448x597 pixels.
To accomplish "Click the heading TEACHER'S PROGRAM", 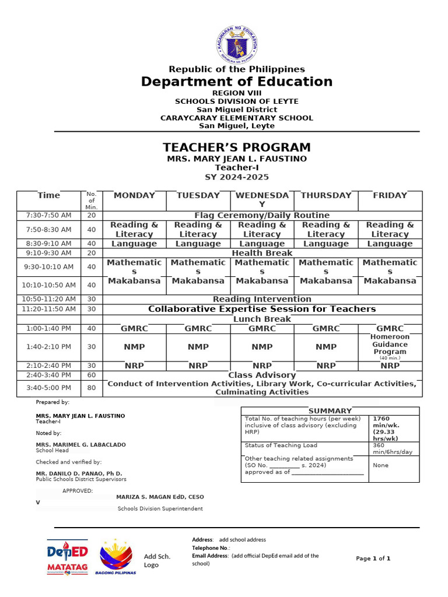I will [x=236, y=148].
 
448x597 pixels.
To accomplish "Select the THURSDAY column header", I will [x=326, y=195].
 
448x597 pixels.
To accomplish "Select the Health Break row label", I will [x=262, y=253].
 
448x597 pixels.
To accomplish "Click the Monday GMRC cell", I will [x=134, y=329].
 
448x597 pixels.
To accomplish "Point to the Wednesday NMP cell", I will [x=262, y=347].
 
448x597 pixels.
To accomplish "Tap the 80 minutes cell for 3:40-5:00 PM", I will [x=91, y=388].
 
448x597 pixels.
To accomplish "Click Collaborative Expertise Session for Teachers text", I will [x=262, y=309].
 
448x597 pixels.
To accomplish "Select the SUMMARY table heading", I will [x=330, y=411].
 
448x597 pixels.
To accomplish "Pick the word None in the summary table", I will [x=380, y=465].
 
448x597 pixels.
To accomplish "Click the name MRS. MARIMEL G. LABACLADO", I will [x=80, y=445].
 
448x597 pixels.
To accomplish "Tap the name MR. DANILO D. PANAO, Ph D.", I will [x=79, y=473].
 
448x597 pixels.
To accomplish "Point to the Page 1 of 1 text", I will [x=373, y=559].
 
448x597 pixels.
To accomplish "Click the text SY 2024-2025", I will [x=236, y=177].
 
